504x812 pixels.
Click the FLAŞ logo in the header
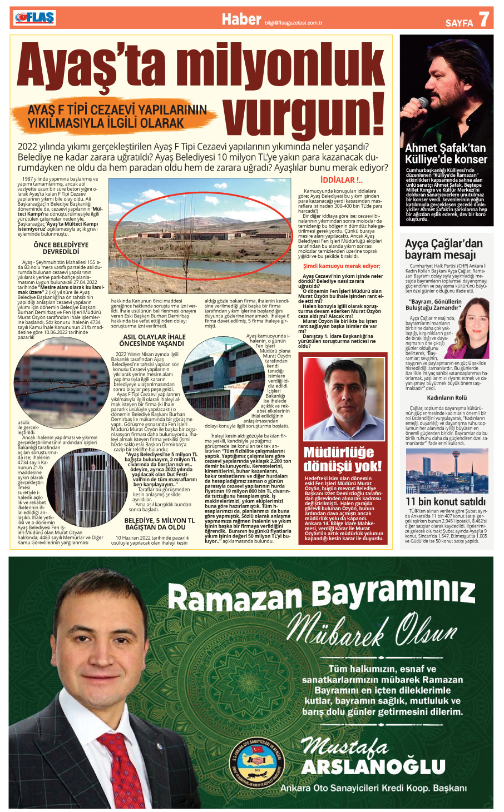tap(35, 18)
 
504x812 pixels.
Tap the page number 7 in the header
tap(483, 19)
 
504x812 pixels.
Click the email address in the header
tap(294, 23)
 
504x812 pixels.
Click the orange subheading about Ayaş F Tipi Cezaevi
tap(117, 116)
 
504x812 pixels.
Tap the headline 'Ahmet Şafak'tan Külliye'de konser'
tap(446, 153)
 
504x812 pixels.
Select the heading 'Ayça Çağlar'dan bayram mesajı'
tap(444, 249)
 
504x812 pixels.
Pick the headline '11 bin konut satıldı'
tap(445, 501)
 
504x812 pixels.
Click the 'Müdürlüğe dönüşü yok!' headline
tap(343, 459)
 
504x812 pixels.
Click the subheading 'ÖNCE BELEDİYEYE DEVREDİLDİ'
tap(61, 248)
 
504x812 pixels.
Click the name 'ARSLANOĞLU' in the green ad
tap(373, 767)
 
